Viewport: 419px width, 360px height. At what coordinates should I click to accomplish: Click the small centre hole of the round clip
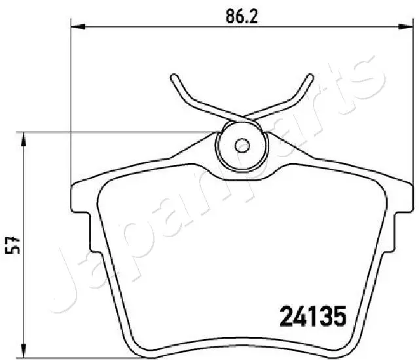(242, 145)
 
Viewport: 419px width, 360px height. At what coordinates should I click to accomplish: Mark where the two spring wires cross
(242, 118)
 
